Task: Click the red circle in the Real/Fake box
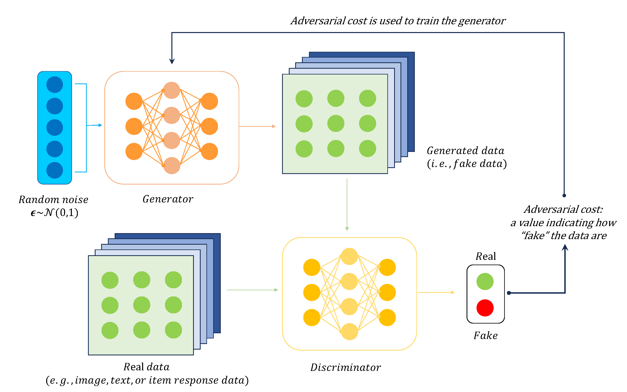click(485, 308)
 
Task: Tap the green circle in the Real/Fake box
click(485, 281)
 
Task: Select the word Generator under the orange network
click(168, 199)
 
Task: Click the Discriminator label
click(346, 367)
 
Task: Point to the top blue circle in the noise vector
click(54, 85)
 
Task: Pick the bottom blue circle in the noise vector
click(54, 170)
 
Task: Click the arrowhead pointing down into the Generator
click(172, 61)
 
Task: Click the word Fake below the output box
click(485, 335)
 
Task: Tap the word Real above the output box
click(485, 256)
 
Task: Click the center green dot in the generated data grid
click(336, 123)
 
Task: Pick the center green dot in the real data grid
click(142, 305)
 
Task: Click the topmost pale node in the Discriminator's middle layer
click(349, 256)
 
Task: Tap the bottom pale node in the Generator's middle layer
click(172, 165)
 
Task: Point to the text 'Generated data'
click(465, 151)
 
